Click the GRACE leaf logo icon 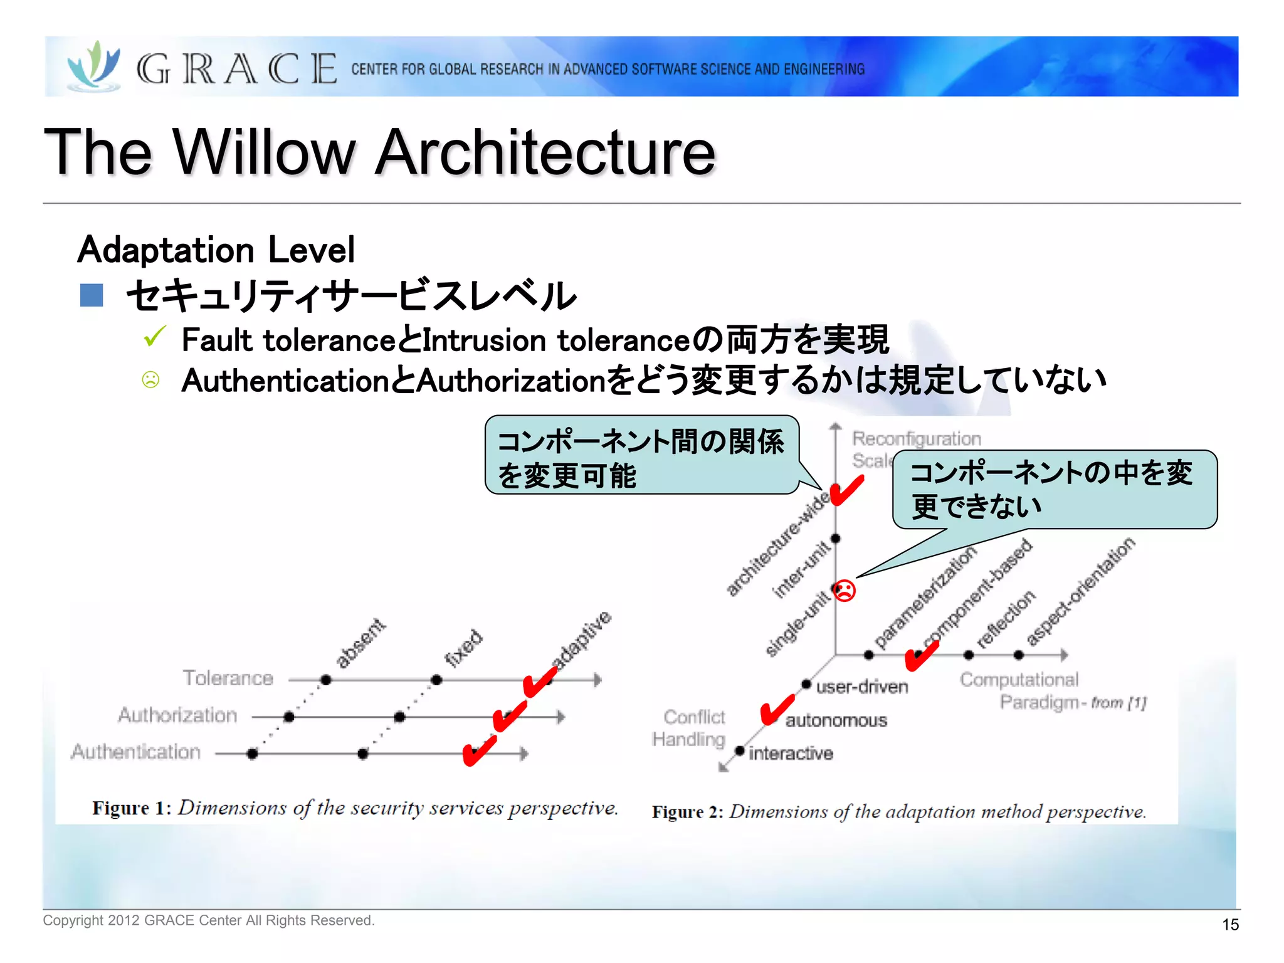tap(94, 66)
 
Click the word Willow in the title tap(263, 152)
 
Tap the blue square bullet tap(92, 295)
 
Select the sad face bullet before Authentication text tap(150, 380)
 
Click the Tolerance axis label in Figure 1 tap(228, 678)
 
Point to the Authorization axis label tap(178, 715)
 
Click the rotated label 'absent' tap(360, 643)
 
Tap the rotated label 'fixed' tap(464, 648)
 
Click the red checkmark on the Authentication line tap(479, 750)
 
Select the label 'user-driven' tap(861, 687)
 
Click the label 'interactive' tap(791, 753)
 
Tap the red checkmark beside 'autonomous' tap(776, 710)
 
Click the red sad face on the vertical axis tap(845, 591)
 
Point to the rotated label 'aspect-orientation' tap(1080, 591)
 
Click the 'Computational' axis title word tap(1019, 680)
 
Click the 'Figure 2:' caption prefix tap(687, 812)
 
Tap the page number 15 tap(1230, 925)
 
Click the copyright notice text tap(208, 920)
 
